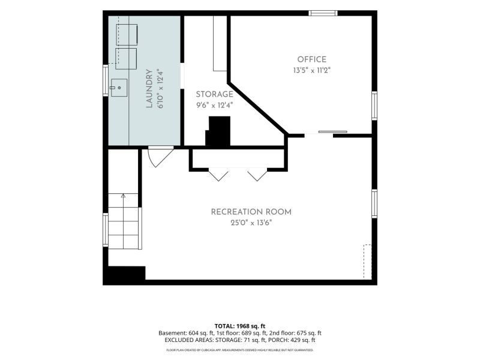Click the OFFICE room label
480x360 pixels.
311,59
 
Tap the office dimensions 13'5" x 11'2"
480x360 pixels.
311,70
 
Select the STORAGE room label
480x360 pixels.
214,94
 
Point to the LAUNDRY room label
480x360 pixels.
149,89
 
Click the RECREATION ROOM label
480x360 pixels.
251,212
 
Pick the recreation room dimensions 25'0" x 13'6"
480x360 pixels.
251,223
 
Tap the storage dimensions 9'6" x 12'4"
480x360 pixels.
214,106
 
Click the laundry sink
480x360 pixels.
119,88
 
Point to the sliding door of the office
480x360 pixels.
332,132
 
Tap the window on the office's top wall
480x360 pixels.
323,13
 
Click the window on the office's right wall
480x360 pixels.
374,106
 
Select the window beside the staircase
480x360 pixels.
106,230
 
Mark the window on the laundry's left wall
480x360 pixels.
106,80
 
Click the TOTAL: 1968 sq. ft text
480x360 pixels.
239,326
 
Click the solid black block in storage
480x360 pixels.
218,131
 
